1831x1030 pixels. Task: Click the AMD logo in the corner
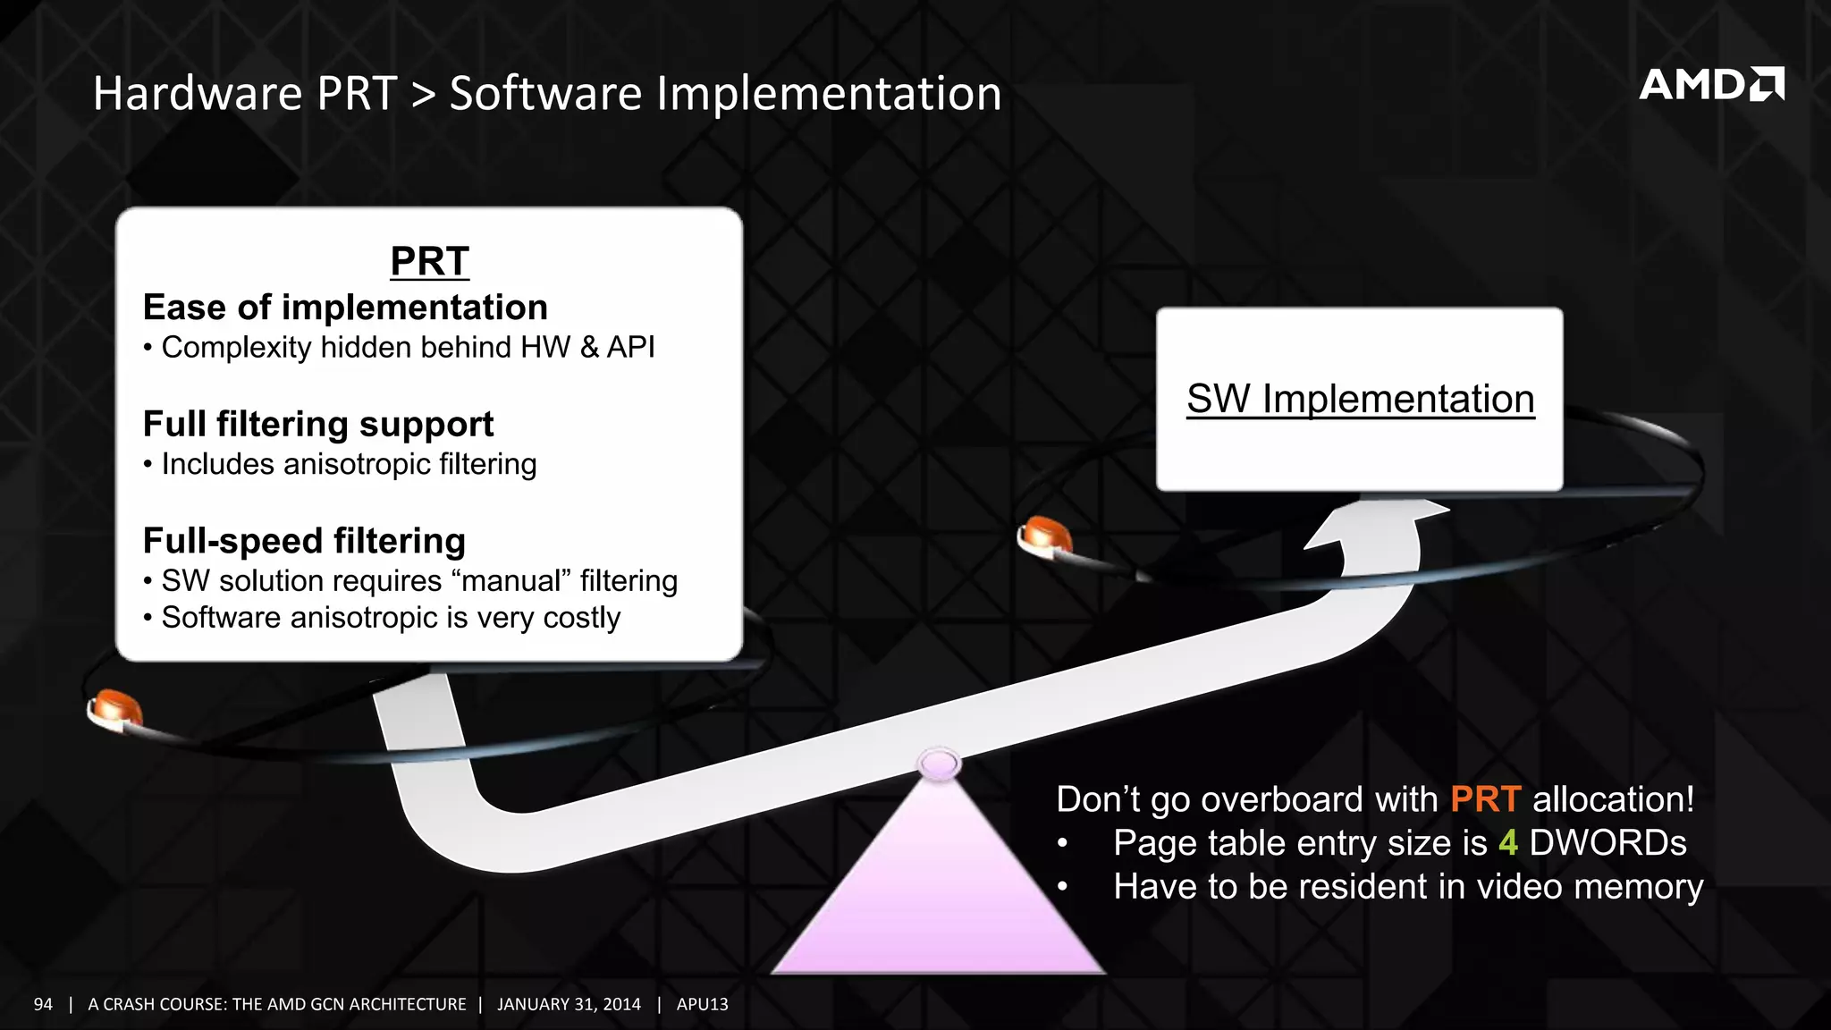tap(1710, 84)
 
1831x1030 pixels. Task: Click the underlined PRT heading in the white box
tap(429, 261)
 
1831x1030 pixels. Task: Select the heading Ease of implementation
tap(345, 308)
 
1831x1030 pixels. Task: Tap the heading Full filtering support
tap(318, 424)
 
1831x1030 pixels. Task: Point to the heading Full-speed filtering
tap(304, 541)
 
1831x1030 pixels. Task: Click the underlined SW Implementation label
tap(1360, 399)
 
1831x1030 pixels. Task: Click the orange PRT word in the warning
tap(1484, 799)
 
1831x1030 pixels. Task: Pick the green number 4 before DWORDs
tap(1508, 843)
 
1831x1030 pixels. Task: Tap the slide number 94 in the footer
tap(43, 1004)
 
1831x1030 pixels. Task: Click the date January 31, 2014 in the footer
tap(569, 1004)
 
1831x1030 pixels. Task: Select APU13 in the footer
tap(702, 1004)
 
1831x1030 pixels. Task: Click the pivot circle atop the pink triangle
tap(939, 764)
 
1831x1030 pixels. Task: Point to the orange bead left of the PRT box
tap(115, 708)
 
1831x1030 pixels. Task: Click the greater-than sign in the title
tap(423, 95)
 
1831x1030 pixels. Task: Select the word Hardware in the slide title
tap(198, 94)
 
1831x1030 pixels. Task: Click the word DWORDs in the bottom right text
tap(1607, 843)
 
